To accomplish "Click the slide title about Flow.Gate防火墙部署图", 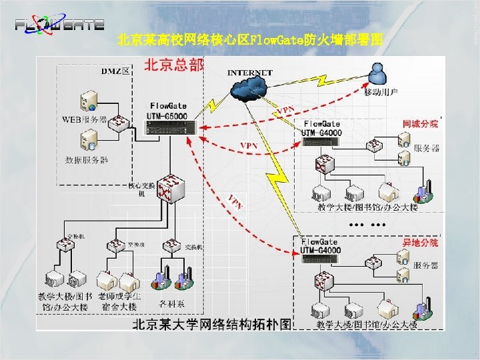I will (249, 40).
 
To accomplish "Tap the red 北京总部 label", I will (174, 65).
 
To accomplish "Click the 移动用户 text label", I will (381, 92).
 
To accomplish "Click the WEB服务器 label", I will (85, 120).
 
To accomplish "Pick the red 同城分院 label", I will (421, 124).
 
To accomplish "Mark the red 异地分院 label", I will (420, 243).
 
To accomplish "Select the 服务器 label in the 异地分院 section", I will (427, 265).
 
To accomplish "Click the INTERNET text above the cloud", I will (250, 72).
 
